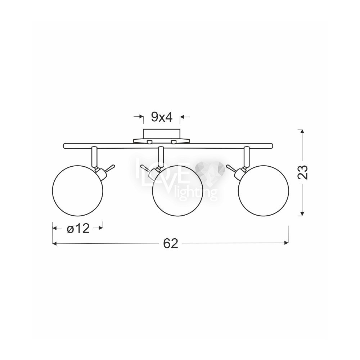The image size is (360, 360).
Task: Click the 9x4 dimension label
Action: click(162, 118)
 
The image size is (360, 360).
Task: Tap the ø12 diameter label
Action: click(78, 229)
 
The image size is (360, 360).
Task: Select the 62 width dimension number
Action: click(171, 243)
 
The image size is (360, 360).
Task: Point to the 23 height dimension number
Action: click(302, 172)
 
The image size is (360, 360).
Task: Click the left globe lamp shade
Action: click(78, 190)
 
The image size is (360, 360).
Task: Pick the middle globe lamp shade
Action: click(178, 190)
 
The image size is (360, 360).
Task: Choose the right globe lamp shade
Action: click(264, 190)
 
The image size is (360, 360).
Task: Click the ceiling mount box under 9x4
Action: click(162, 134)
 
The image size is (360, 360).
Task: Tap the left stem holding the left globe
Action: click(94, 157)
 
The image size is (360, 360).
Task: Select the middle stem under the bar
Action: click(161, 157)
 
